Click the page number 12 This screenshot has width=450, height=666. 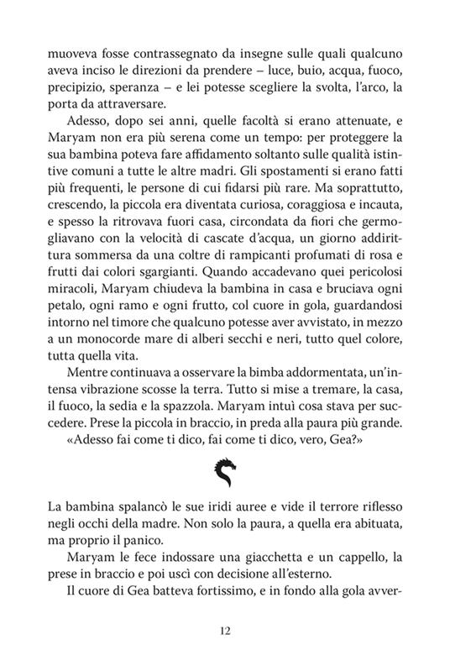[x=224, y=632]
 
